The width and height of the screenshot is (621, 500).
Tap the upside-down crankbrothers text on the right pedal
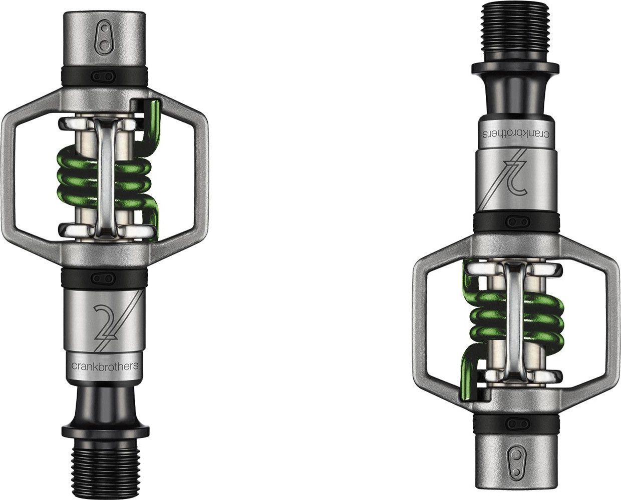coord(515,134)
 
